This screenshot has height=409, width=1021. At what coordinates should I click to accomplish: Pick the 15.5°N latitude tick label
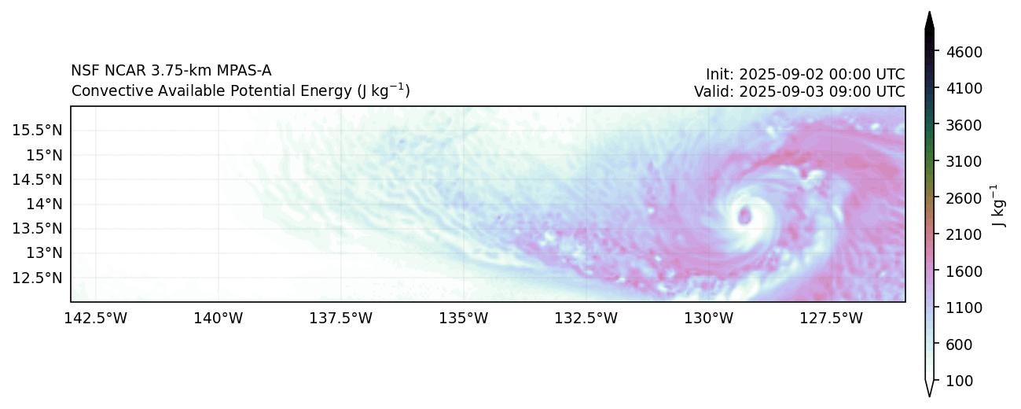point(38,130)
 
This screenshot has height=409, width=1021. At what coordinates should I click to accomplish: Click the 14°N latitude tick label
point(44,204)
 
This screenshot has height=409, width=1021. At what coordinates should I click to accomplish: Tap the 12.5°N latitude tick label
point(38,278)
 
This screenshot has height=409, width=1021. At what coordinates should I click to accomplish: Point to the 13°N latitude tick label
point(44,253)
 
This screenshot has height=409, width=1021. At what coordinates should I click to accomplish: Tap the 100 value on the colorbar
point(957,381)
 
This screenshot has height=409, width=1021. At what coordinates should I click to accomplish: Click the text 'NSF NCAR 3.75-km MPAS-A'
point(171,71)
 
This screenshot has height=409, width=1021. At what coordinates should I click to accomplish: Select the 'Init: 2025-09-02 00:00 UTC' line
point(805,75)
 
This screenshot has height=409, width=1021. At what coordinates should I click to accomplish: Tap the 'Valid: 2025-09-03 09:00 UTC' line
point(799,91)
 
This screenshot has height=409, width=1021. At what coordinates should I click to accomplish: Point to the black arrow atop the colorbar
point(929,22)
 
